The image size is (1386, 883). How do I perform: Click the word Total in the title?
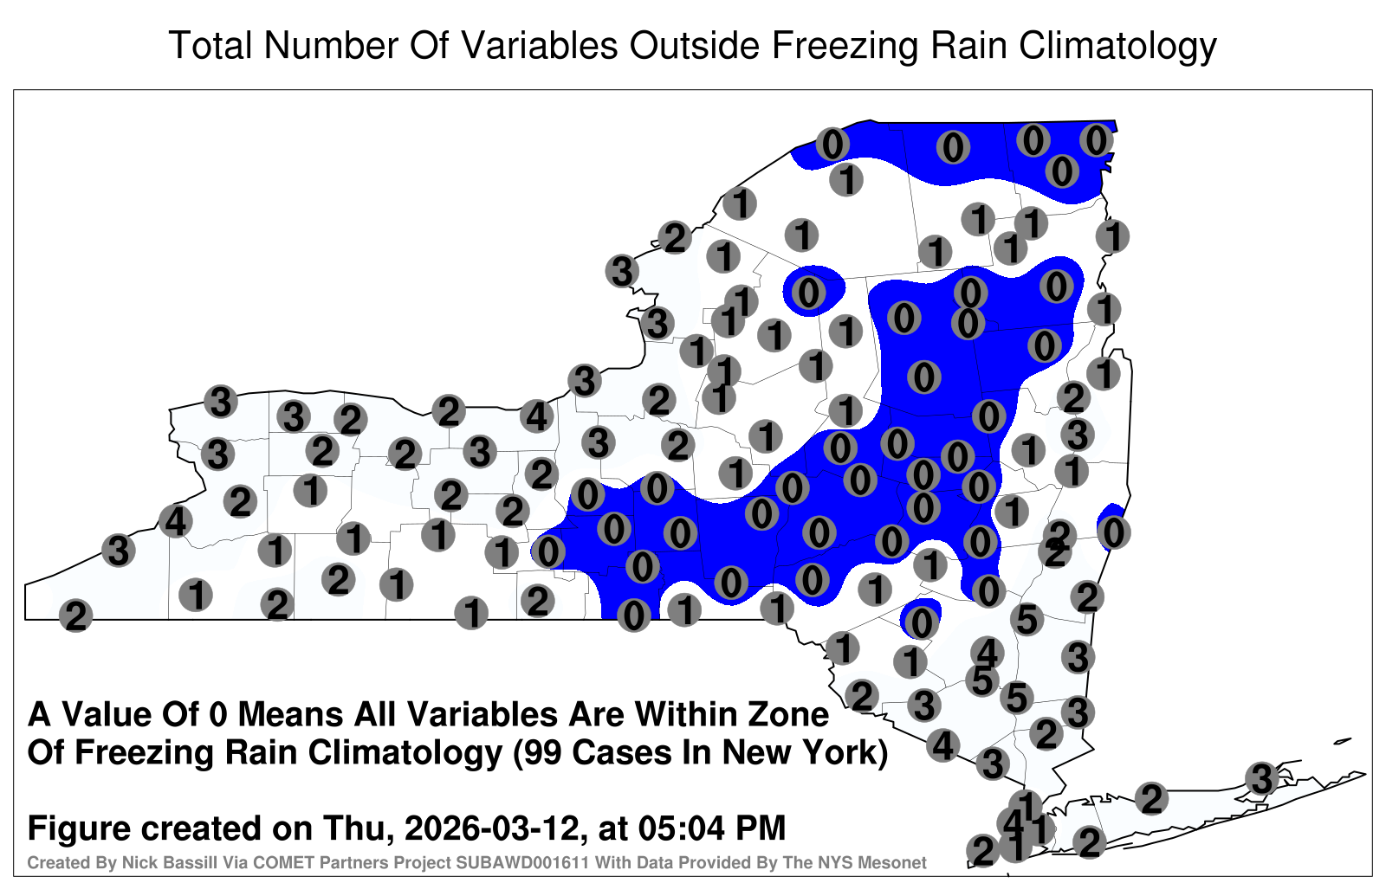coord(210,45)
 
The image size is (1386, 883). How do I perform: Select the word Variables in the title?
coord(538,45)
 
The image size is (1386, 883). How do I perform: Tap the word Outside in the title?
coord(694,45)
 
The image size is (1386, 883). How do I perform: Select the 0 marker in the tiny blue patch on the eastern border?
coord(1114,533)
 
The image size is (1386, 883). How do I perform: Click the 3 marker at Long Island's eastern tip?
coord(1261,778)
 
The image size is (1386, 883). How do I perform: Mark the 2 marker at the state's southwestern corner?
coord(75,616)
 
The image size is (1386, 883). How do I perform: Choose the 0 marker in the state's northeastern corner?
coord(1096,140)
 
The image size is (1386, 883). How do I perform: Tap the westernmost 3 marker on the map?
coord(118,550)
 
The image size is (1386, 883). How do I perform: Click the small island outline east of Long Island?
coord(1343,741)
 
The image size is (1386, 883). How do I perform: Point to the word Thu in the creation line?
coord(364,828)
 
